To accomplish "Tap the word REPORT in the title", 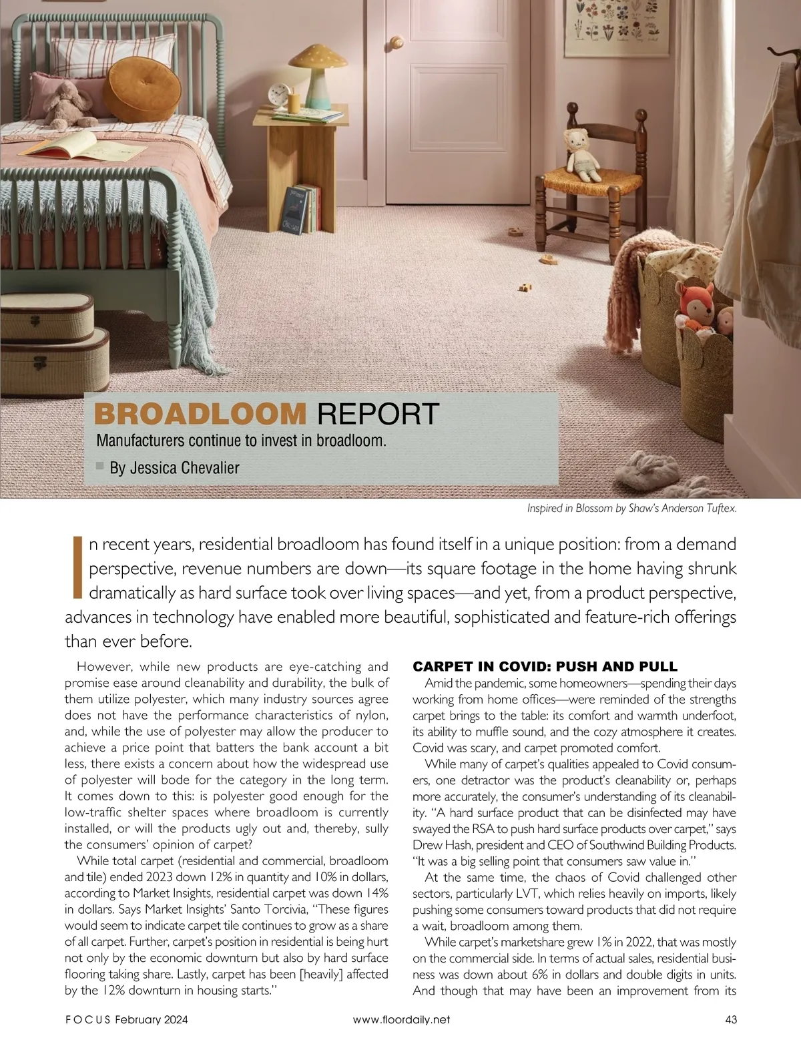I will (378, 414).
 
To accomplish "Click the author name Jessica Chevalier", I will (174, 468).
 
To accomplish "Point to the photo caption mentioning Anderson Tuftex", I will (631, 509).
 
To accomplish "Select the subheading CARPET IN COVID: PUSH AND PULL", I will (545, 666).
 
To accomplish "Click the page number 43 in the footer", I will (730, 1019).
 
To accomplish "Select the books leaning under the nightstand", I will (304, 208).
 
